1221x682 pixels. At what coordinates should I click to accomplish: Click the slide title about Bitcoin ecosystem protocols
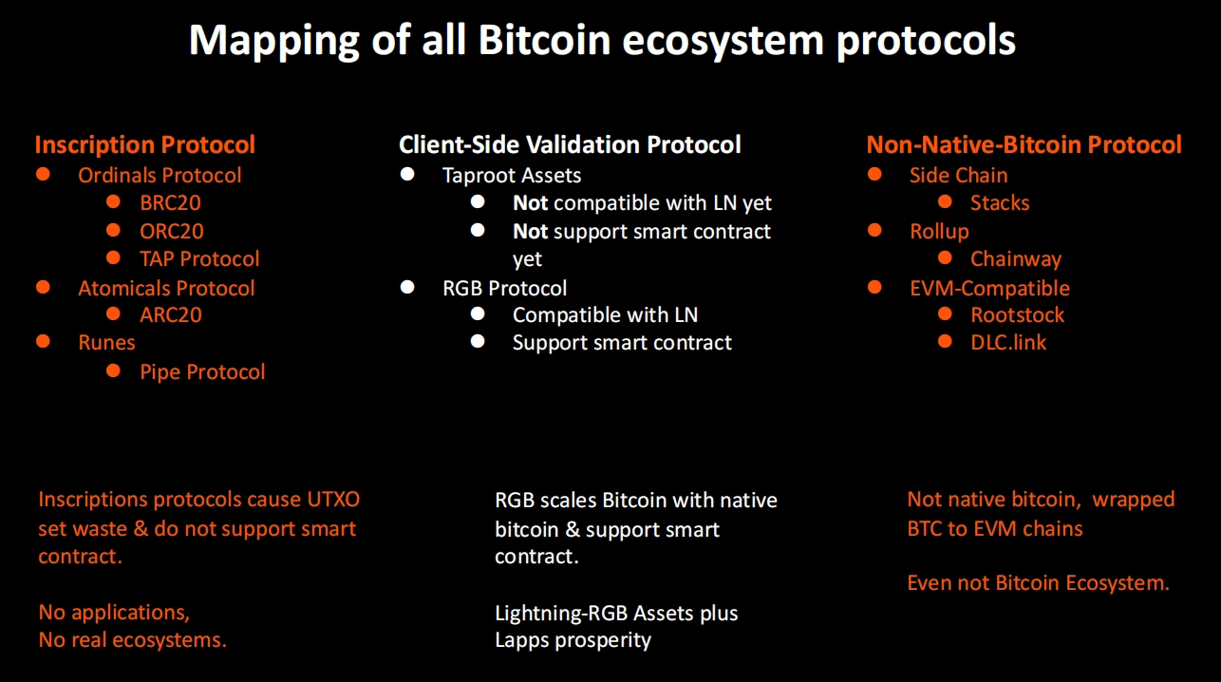point(602,42)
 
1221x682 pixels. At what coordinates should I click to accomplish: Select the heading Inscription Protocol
point(144,145)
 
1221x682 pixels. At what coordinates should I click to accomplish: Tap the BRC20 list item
point(170,203)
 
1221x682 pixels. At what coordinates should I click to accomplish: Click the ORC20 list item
point(171,231)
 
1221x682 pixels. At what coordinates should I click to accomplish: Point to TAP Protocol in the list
point(199,258)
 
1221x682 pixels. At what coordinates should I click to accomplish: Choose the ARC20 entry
point(171,315)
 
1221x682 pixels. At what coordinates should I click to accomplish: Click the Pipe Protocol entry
point(202,372)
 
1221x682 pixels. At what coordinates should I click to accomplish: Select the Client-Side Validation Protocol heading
point(570,145)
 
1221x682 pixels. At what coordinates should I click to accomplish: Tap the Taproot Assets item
point(512,176)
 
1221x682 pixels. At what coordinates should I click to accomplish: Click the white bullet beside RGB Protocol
point(407,287)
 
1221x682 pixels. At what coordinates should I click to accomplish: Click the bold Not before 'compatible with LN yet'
point(530,203)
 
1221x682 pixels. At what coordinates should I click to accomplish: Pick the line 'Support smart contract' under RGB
point(622,343)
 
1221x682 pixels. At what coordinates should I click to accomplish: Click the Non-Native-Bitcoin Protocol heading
point(1024,145)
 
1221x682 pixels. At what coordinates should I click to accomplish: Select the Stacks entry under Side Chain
point(999,203)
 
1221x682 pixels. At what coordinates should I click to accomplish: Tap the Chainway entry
point(1015,259)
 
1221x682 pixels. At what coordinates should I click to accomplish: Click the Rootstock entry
point(1017,315)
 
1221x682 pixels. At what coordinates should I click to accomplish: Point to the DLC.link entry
point(1007,343)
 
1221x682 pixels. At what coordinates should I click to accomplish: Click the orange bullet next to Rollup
point(874,231)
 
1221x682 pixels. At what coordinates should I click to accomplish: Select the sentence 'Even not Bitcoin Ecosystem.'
point(1038,583)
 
